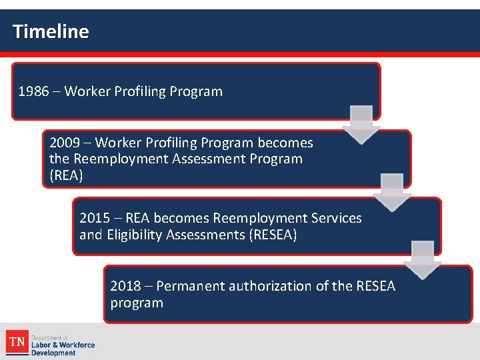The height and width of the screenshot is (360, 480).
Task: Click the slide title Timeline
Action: point(51,31)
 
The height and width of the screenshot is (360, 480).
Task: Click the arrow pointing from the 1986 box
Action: point(361,124)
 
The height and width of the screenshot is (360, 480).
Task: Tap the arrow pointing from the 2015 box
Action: point(423,259)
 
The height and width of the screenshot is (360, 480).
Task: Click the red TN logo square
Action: point(17,343)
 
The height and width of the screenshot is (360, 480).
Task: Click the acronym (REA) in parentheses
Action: point(65,175)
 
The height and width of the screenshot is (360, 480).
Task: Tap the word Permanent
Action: point(191,286)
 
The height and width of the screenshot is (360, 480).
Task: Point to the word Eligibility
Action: point(136,235)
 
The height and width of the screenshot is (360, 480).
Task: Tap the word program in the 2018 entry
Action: point(137,303)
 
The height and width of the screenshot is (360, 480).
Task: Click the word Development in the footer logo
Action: point(54,353)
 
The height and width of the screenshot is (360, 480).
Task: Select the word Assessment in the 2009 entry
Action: point(212,159)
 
